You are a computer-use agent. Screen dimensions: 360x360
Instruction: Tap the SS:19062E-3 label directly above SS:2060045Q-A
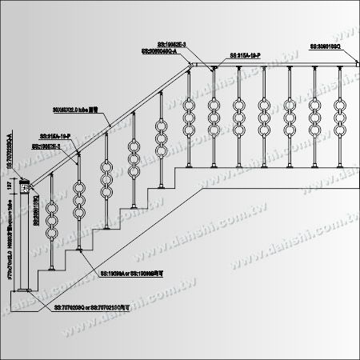[171, 45]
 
